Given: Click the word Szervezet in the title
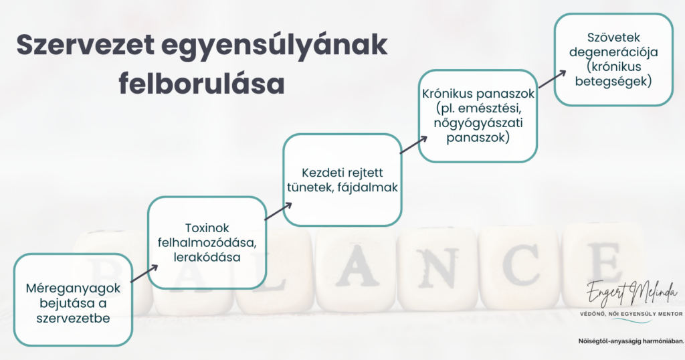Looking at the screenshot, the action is (x=86, y=44).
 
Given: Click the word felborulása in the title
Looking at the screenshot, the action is (x=201, y=84).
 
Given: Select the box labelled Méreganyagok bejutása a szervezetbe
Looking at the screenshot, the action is (x=73, y=300).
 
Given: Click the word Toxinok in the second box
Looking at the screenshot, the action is (x=207, y=228).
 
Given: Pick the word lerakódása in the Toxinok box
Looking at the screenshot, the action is (x=207, y=257).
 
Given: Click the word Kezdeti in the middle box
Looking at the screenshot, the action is (x=321, y=173).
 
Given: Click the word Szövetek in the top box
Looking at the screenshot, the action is (x=613, y=37).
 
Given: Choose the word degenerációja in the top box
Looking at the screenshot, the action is (x=613, y=52).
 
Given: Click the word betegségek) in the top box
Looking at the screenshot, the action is (x=613, y=81).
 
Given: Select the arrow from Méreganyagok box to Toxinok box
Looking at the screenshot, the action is (x=144, y=274).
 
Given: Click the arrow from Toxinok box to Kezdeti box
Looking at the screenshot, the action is (x=278, y=211).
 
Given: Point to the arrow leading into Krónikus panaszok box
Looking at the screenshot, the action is (x=413, y=145).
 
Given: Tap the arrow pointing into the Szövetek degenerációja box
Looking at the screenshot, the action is (x=552, y=79).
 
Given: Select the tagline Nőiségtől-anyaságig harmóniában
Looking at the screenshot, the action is (x=631, y=341).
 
